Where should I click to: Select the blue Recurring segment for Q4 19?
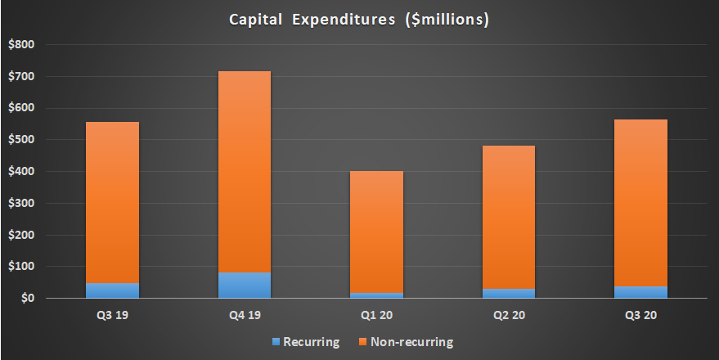tap(244, 285)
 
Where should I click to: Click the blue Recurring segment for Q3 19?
tap(112, 290)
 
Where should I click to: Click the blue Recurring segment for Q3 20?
tap(640, 292)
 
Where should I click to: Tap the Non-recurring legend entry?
tap(407, 342)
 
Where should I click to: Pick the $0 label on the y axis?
tap(26, 299)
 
